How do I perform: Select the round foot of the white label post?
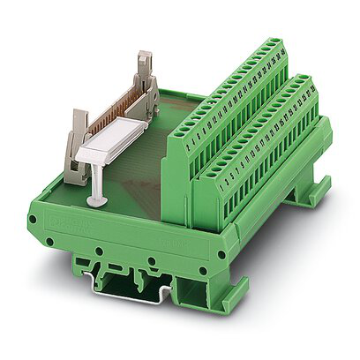coord(96,200)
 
